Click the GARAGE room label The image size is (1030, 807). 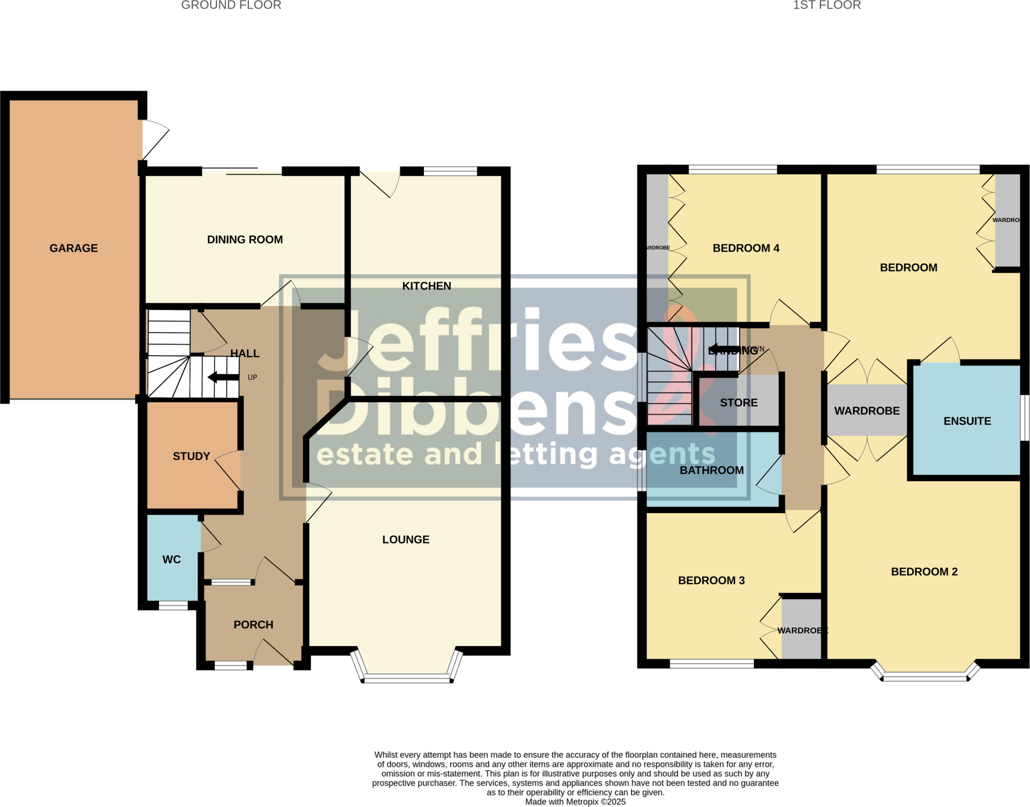73,248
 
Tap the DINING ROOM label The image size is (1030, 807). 245,239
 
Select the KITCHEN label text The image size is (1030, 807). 426,286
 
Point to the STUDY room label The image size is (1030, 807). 191,456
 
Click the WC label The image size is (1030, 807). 171,559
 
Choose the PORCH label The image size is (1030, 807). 253,624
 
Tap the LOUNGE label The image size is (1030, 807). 406,539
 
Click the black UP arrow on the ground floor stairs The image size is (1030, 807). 223,377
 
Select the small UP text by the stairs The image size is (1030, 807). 252,377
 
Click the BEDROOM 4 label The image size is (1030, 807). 746,248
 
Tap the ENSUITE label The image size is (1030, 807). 967,421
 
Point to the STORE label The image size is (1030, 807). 738,402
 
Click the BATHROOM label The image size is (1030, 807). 712,470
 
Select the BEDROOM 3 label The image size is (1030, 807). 711,580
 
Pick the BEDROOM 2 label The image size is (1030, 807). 924,572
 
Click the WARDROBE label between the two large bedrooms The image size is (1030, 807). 867,411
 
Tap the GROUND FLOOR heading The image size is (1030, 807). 231,6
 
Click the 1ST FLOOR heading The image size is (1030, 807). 827,6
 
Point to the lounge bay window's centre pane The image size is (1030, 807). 406,679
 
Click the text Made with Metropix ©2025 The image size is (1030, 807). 575,801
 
